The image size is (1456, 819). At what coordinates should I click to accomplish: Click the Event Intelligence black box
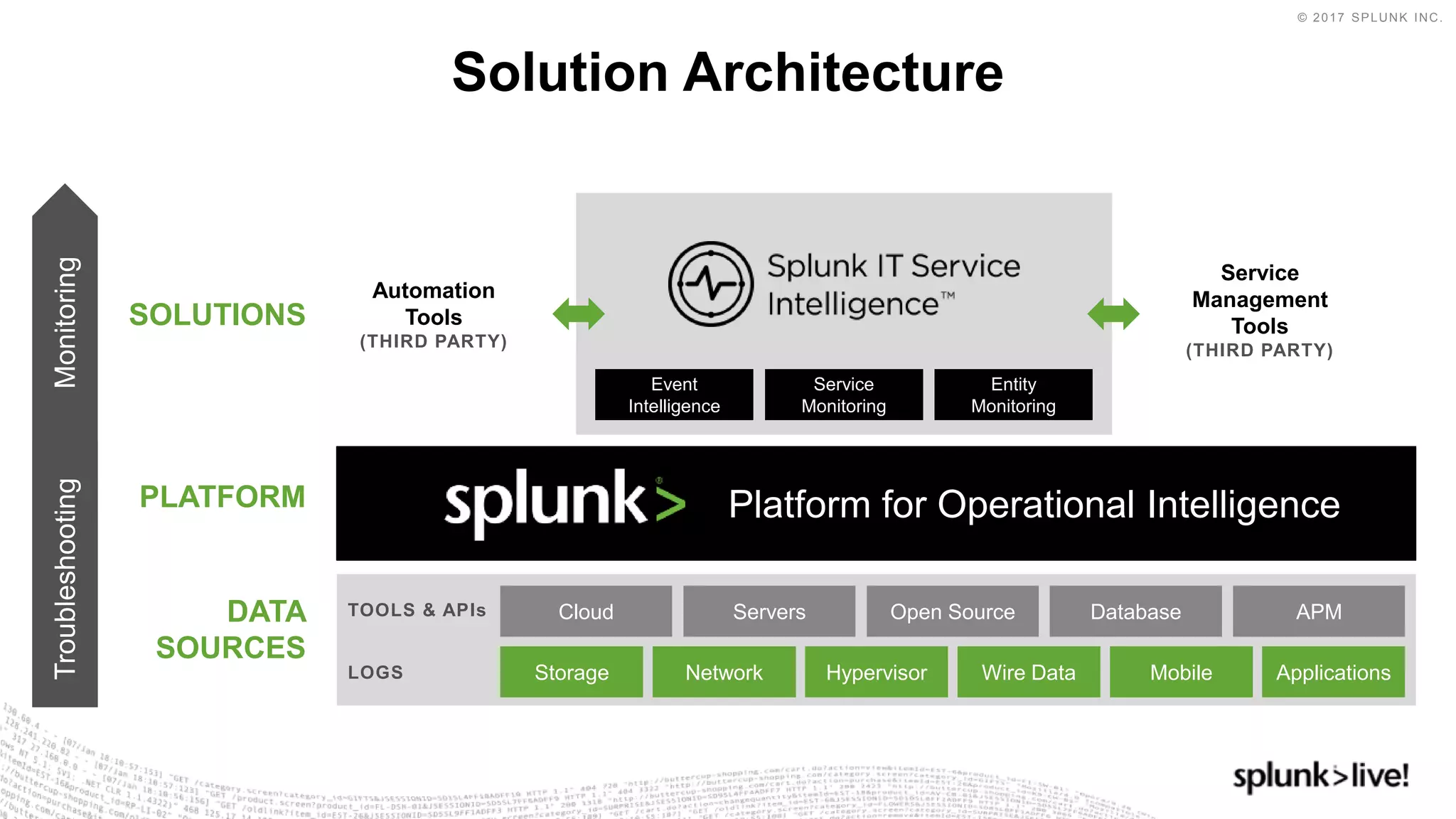[x=674, y=395]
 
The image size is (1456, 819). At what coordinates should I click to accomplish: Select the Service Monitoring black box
[x=844, y=395]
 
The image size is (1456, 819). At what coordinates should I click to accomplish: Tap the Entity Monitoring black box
[x=1013, y=395]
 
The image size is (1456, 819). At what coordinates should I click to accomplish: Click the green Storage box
[x=572, y=672]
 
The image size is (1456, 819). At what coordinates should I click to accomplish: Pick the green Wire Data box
[x=1028, y=672]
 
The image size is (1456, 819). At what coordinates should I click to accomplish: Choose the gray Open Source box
[x=952, y=611]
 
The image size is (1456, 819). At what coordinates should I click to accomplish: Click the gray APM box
[x=1318, y=611]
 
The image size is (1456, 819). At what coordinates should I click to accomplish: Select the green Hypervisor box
[x=876, y=672]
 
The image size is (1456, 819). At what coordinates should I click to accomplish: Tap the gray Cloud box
[x=586, y=611]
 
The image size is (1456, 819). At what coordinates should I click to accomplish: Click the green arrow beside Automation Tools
[x=579, y=314]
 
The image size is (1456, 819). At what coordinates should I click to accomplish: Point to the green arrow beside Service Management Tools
[x=1113, y=314]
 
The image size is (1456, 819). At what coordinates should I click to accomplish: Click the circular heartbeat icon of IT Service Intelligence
[x=710, y=284]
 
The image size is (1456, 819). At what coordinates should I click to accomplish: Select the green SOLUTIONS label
[x=217, y=314]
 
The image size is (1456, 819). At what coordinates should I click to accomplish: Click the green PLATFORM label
[x=223, y=496]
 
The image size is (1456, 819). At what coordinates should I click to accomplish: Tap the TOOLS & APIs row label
[x=417, y=610]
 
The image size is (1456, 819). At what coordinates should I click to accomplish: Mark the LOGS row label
[x=375, y=672]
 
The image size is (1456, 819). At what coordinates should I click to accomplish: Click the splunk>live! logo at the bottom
[x=1320, y=776]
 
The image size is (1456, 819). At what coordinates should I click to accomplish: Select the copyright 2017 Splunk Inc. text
[x=1369, y=18]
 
